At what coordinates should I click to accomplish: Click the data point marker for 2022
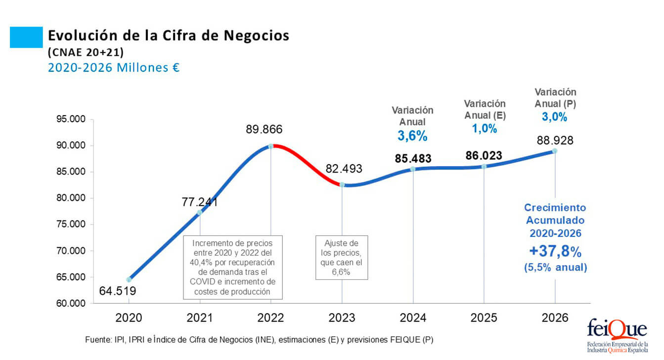coord(271,146)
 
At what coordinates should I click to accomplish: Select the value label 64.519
coord(118,291)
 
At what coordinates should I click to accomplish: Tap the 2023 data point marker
coord(342,184)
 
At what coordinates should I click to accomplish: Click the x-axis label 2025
coord(484,318)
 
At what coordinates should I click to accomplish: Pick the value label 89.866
coord(264,130)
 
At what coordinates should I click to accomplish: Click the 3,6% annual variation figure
coord(412,136)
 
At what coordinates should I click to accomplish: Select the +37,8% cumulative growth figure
coord(555,251)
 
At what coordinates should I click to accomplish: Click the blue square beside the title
coord(26,38)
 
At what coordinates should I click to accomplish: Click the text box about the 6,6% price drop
coord(342,257)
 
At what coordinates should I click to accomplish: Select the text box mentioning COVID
coord(232,267)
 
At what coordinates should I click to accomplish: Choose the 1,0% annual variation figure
coord(484,129)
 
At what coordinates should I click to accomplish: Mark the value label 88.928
coord(555,140)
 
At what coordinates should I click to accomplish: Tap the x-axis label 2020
coord(129,318)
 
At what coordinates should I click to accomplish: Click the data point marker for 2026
coord(555,151)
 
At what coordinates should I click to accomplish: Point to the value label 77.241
coord(200,202)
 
